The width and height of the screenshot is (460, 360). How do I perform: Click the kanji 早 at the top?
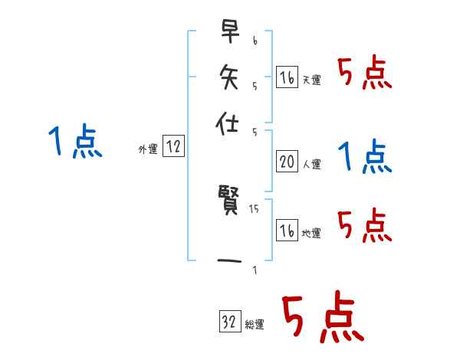click(x=228, y=32)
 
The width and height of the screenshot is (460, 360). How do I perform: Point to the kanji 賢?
click(x=228, y=205)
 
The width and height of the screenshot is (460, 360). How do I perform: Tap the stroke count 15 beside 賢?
click(x=255, y=208)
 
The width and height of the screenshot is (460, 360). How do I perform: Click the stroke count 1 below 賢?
click(x=255, y=270)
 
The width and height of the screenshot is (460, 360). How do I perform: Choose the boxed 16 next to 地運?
click(x=287, y=231)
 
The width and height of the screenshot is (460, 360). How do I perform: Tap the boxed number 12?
click(x=173, y=148)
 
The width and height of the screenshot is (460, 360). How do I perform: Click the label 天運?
click(x=311, y=80)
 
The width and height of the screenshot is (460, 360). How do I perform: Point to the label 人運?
click(x=311, y=164)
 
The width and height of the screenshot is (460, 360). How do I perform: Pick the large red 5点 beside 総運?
click(x=322, y=319)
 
